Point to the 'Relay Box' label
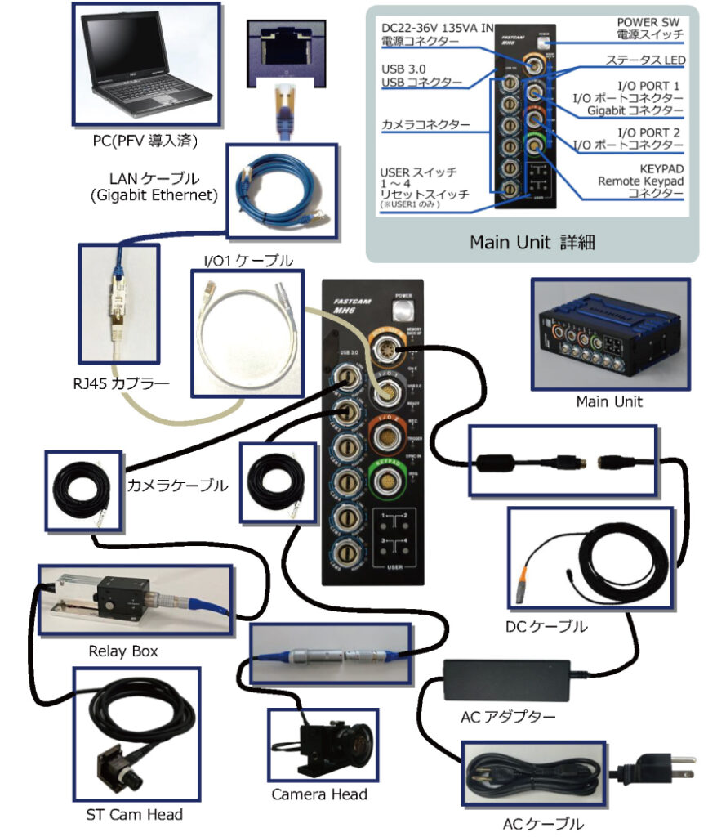[x=123, y=651]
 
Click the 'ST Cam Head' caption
[x=136, y=814]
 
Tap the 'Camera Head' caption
[x=319, y=794]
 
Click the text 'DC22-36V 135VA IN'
[x=438, y=29]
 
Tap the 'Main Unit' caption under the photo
[x=608, y=401]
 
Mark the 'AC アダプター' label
[x=509, y=718]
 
